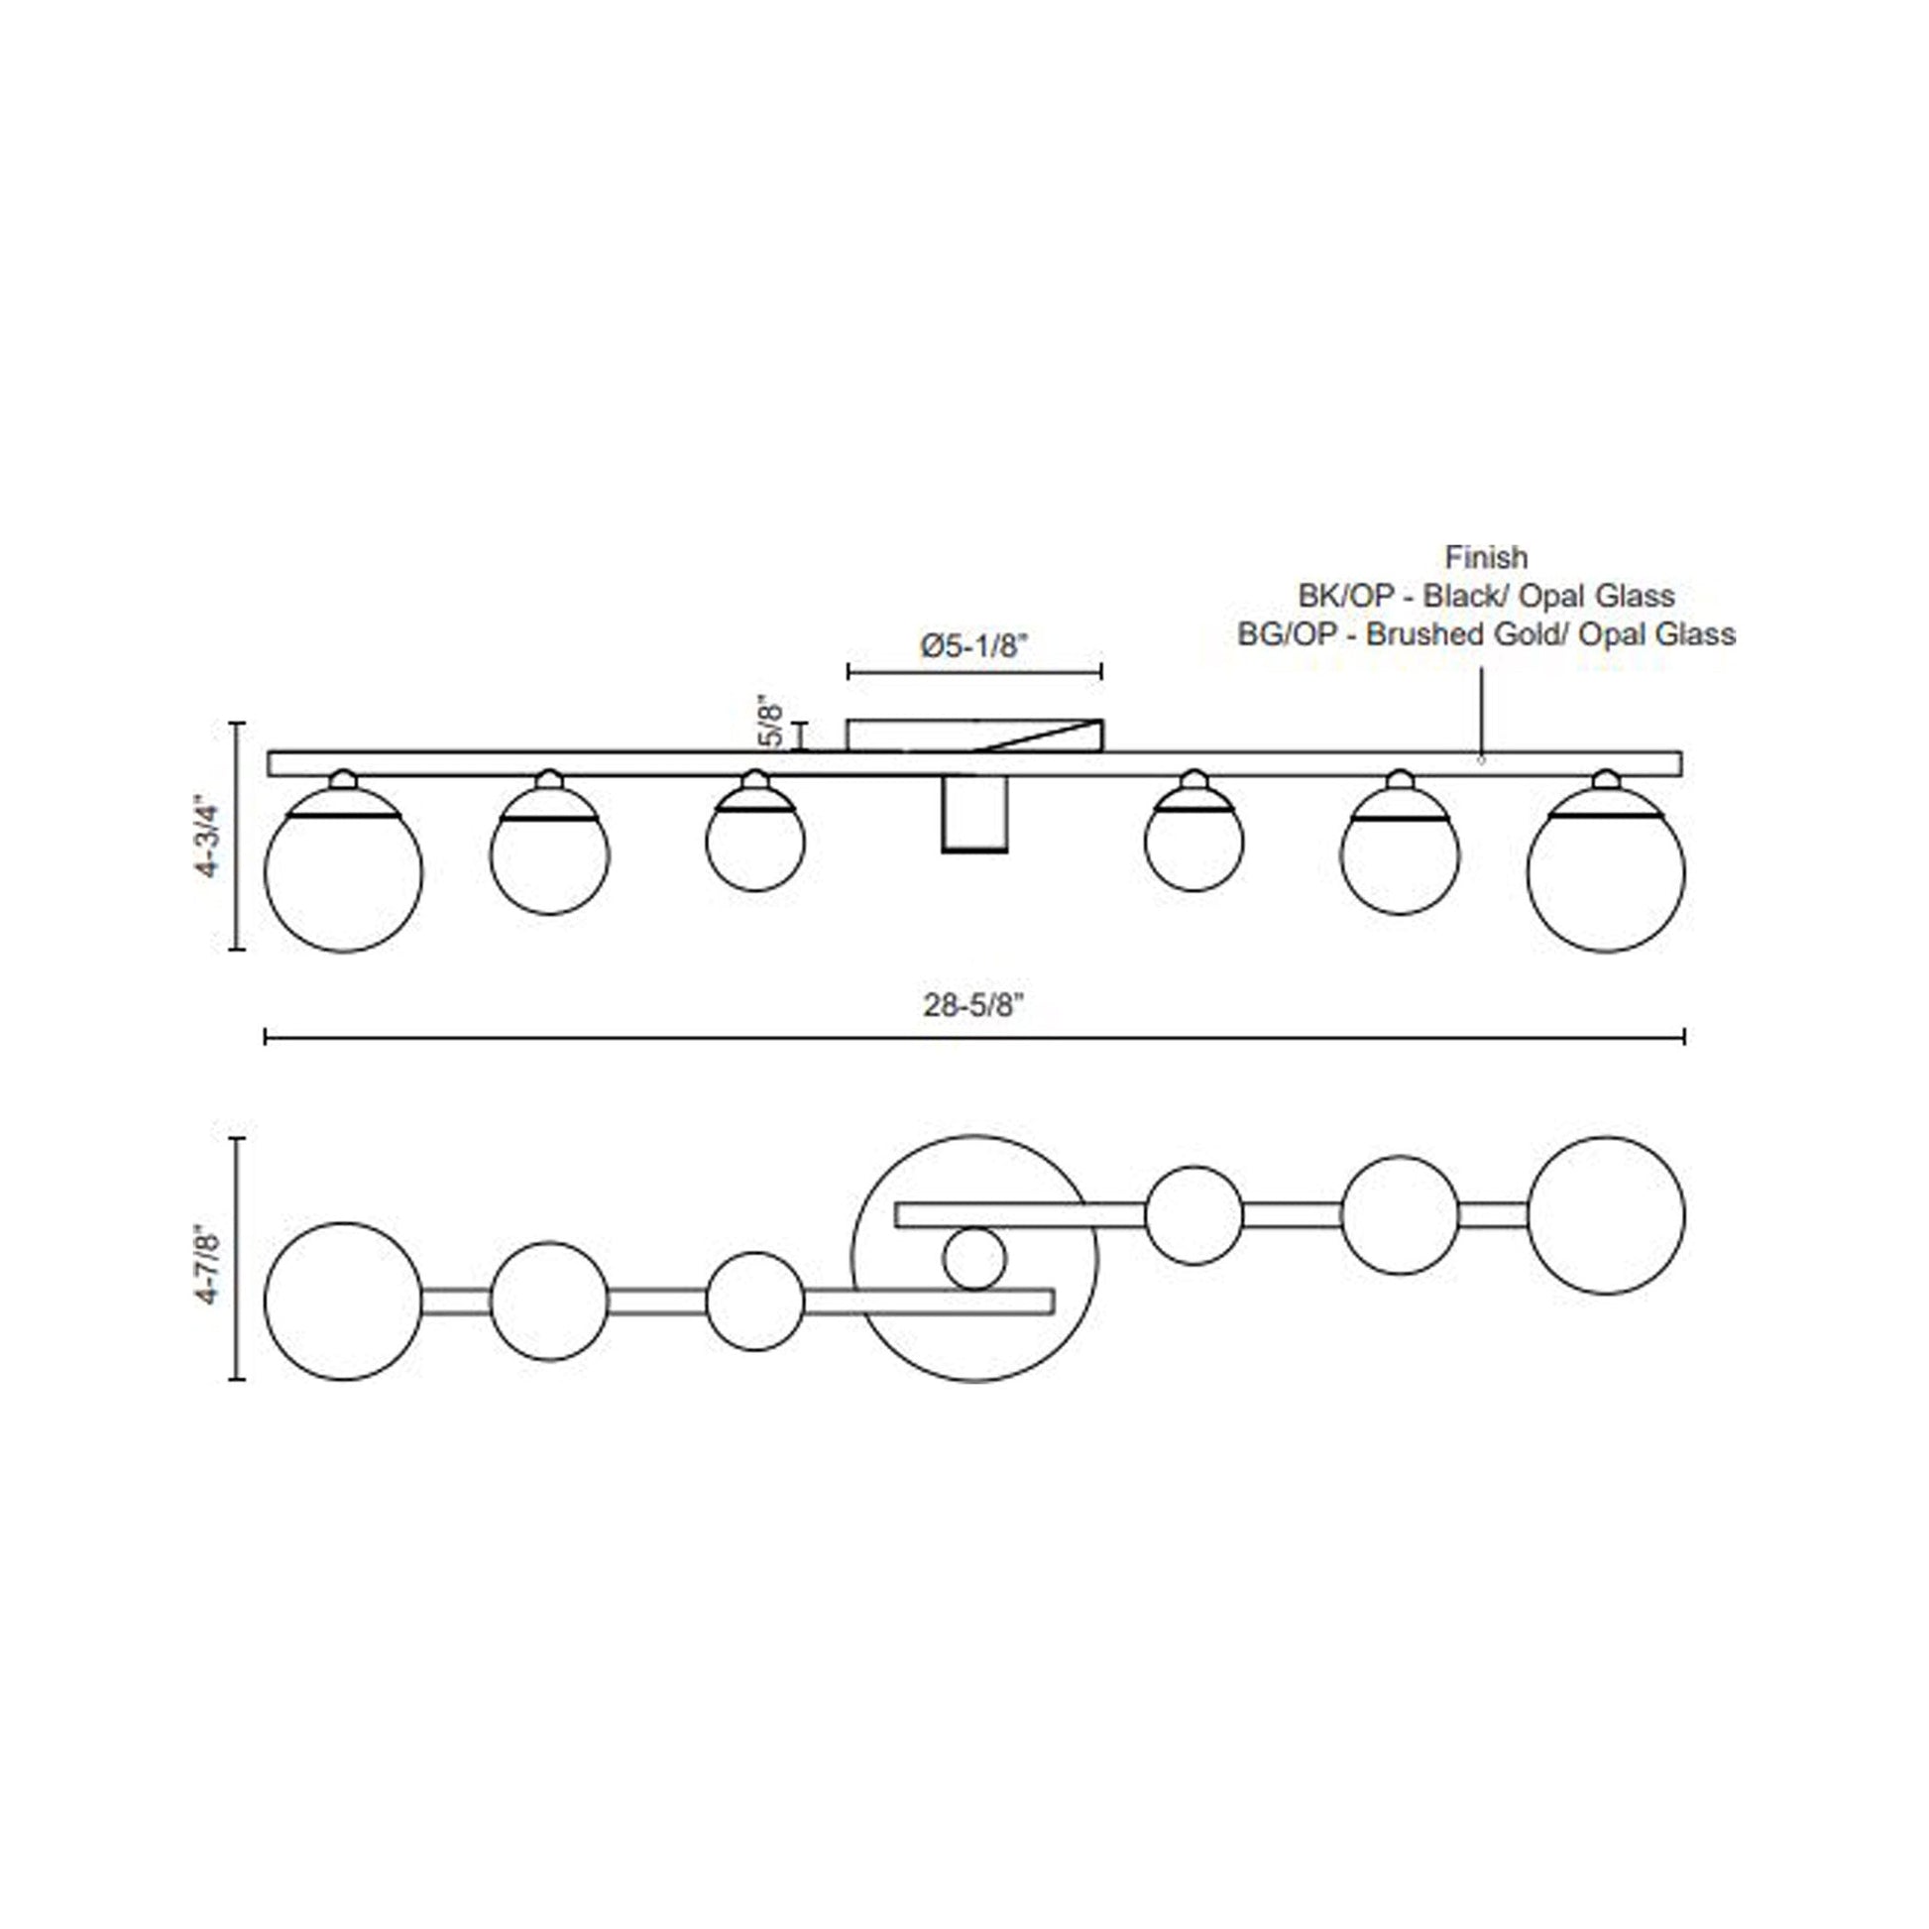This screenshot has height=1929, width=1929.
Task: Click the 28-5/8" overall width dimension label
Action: point(973,1005)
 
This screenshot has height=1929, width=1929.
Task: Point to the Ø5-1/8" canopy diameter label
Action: point(973,646)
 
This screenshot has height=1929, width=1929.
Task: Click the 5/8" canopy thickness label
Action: point(772,721)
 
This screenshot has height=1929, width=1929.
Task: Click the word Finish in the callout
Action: point(1486,557)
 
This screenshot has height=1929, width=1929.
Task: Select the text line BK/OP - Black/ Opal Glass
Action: point(1486,596)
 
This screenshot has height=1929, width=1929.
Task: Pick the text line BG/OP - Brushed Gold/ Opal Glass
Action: point(1486,634)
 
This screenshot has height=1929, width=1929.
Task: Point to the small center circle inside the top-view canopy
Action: point(973,1259)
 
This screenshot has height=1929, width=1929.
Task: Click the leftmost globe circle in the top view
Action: point(343,1301)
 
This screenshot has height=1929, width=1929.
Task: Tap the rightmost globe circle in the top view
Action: point(1606,1215)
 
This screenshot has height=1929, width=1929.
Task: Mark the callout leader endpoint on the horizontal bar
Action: point(1481,760)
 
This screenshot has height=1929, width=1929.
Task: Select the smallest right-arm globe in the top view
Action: point(1194,1215)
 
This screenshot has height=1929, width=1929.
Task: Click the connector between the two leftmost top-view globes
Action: point(455,1301)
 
